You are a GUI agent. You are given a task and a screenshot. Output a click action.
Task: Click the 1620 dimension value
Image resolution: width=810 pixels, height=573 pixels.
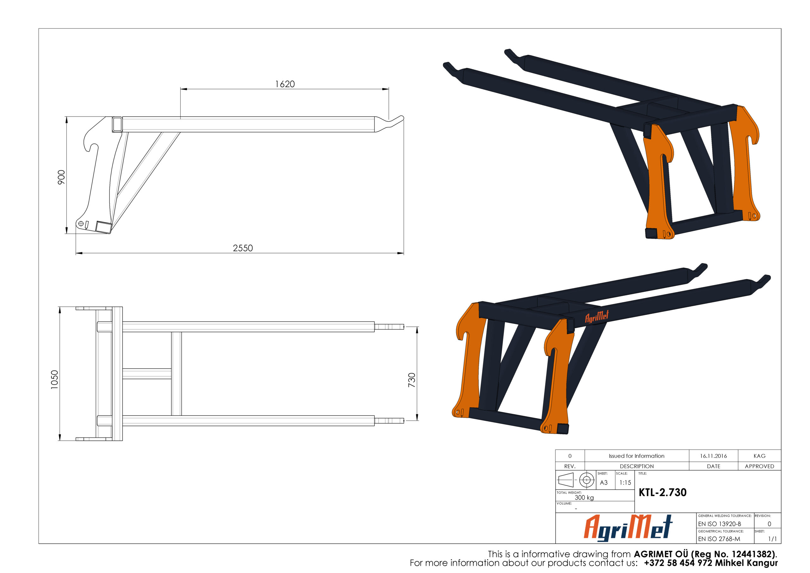pos(285,84)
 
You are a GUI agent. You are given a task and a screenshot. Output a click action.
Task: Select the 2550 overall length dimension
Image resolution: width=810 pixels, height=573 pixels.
pos(243,248)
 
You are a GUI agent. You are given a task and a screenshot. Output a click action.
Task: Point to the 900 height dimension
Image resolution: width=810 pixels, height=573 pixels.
pos(61,177)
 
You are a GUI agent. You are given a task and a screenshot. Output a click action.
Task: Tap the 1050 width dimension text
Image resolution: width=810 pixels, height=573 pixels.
pos(54,380)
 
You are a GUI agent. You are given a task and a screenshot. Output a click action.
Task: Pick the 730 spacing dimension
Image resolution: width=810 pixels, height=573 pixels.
pos(412,380)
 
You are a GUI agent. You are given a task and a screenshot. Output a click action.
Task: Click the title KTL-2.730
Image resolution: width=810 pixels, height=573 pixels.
pos(662,493)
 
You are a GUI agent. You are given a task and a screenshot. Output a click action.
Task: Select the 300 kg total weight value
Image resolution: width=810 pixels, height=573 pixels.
pos(584,497)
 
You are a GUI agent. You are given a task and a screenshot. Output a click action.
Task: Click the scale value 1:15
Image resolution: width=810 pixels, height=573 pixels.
pos(625,483)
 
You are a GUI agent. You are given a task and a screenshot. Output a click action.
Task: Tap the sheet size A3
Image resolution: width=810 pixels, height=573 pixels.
pos(604,483)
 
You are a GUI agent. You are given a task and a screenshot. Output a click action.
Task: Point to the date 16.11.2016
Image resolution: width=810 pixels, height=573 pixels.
pos(713,456)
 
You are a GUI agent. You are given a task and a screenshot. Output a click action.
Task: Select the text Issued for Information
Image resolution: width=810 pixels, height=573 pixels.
pos(636,456)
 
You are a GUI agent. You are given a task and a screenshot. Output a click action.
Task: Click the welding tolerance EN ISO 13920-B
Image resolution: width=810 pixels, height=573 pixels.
pos(719,524)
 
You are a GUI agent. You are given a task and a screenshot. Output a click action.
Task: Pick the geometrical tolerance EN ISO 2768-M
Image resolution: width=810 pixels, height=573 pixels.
pos(719,539)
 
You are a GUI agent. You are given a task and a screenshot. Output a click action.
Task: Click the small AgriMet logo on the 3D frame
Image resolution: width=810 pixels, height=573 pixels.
pos(597,317)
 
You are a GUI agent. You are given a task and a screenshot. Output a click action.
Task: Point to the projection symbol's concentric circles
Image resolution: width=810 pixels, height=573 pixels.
pos(587,480)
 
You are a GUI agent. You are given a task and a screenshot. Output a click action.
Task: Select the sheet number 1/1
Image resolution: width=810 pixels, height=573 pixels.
pos(772,539)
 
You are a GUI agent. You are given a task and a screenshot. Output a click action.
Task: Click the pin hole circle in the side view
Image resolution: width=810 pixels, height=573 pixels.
pos(81,224)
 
